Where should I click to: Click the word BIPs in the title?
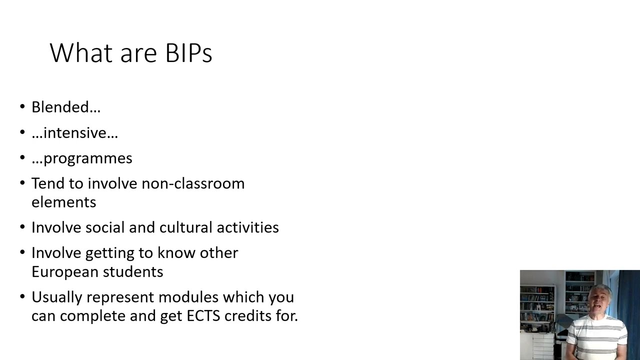tap(188, 53)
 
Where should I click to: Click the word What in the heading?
tap(81, 53)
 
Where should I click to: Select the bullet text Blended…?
tap(66, 107)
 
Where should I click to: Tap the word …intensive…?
tap(74, 132)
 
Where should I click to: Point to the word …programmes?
tap(81, 158)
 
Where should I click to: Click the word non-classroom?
tap(193, 183)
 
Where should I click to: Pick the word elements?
tap(63, 202)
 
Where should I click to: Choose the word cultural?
tap(184, 227)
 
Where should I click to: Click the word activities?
tap(247, 227)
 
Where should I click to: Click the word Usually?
tap(57, 297)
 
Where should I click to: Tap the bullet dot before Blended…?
tap(22, 106)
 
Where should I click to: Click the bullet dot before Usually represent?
tap(22, 296)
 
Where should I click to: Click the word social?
tap(105, 227)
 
